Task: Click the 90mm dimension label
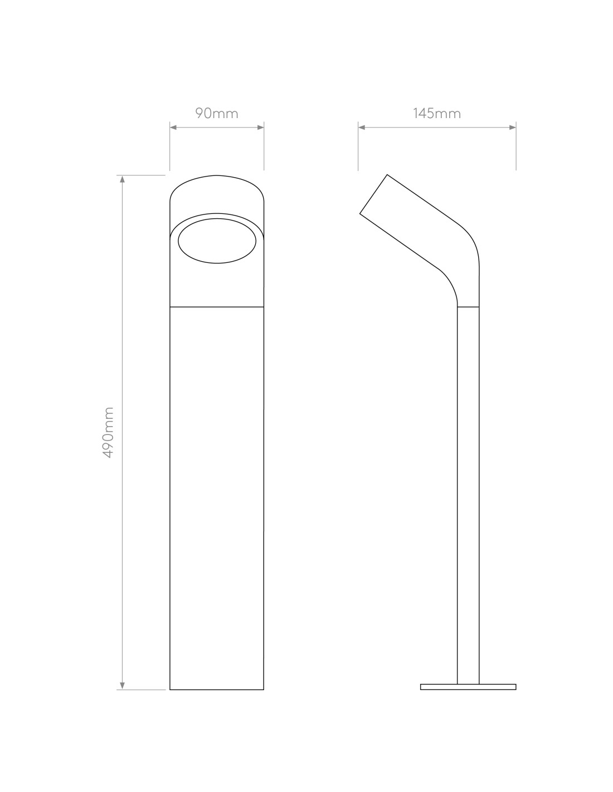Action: [x=217, y=114]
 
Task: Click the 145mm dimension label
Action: [x=437, y=114]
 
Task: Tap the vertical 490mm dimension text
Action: [x=109, y=432]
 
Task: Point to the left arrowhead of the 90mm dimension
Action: [x=173, y=127]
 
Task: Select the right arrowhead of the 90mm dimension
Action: [x=260, y=127]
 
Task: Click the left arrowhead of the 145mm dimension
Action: [x=362, y=127]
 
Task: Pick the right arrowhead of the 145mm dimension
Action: [x=512, y=127]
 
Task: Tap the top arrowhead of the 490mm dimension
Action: [x=123, y=179]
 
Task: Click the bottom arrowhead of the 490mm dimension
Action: [x=123, y=686]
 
